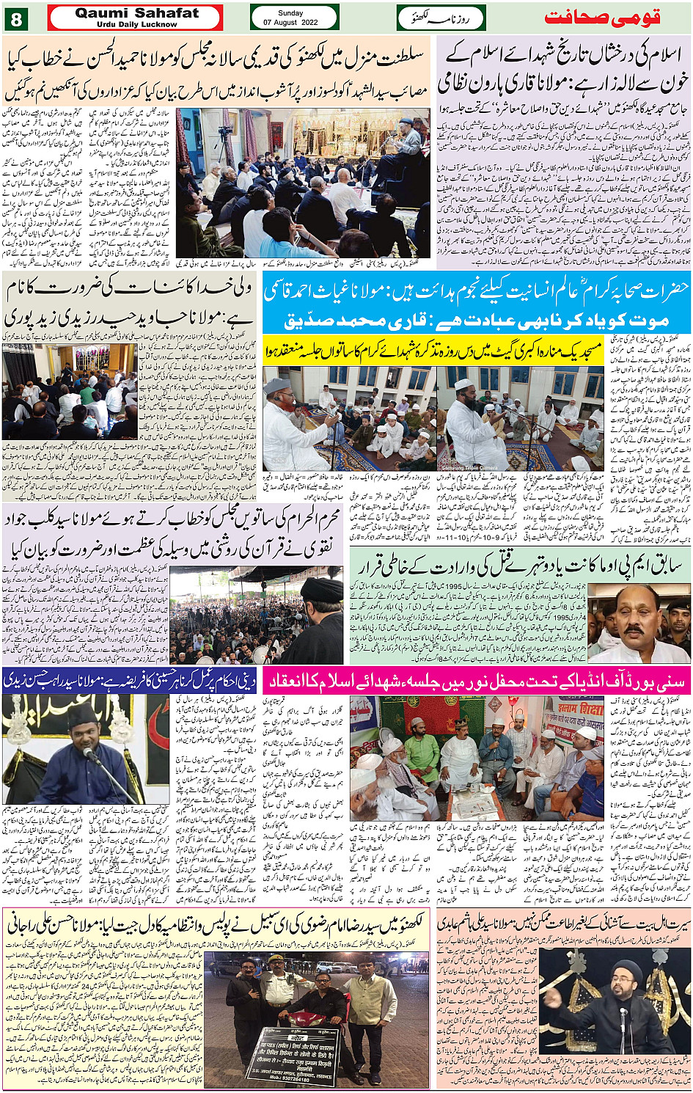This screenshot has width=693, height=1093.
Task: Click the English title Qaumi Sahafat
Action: pos(136,13)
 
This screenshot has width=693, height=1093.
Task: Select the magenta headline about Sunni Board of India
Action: pos(477,681)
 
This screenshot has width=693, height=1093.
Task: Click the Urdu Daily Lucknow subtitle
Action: pos(136,24)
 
